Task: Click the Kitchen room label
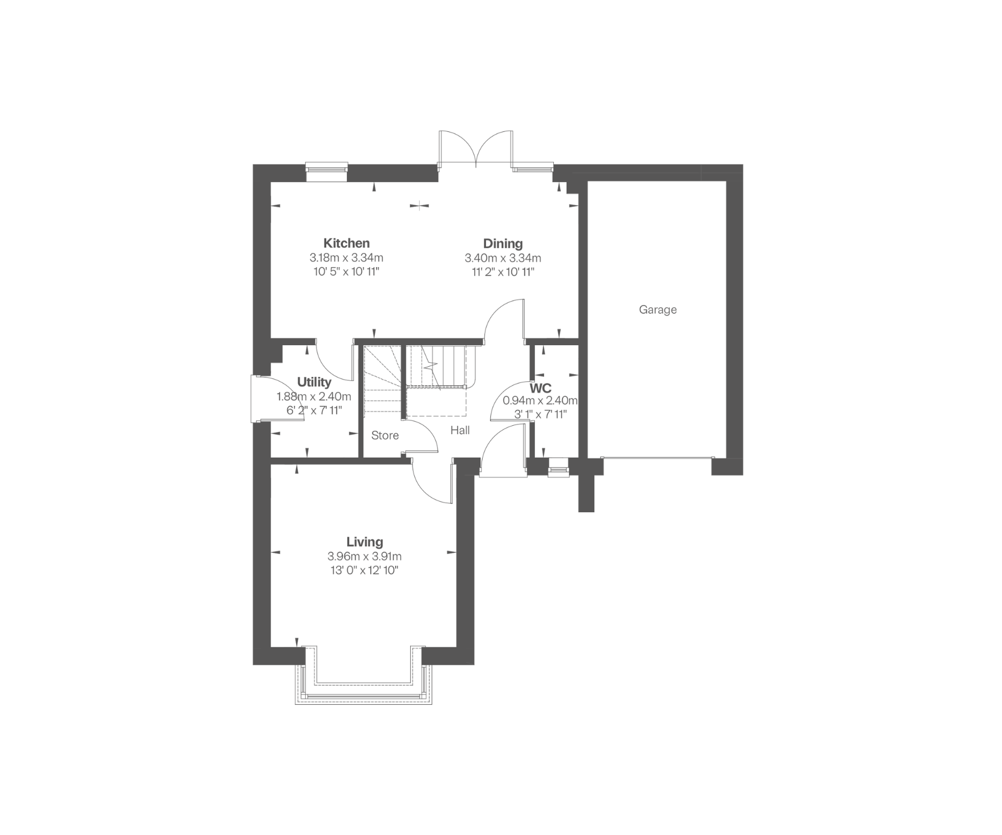pos(346,243)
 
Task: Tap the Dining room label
pos(503,244)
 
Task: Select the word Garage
pos(657,310)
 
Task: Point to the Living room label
pos(365,542)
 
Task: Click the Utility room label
pos(314,382)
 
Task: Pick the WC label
pos(540,388)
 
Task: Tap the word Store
pos(385,435)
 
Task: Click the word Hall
pos(460,430)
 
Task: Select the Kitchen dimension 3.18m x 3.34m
pos(346,258)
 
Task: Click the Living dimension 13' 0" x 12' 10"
pos(365,571)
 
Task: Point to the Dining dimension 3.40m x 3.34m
pos(503,258)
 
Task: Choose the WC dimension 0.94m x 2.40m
pos(540,401)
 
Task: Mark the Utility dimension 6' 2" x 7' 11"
pos(314,411)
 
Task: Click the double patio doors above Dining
pos(475,149)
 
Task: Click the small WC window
pos(557,467)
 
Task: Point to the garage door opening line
pos(657,458)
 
